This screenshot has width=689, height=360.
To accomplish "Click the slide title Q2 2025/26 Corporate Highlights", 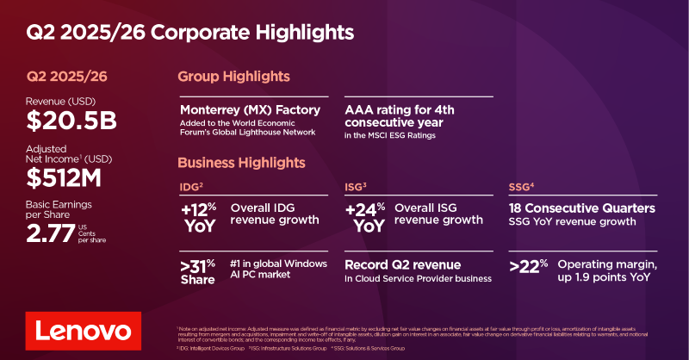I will tap(189, 33).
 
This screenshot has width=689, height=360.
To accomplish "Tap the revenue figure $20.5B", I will tap(71, 121).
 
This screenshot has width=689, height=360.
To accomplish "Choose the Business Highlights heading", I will tap(241, 163).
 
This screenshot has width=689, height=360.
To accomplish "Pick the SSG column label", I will tap(520, 187).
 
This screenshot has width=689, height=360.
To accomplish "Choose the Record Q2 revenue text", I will tap(402, 264).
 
